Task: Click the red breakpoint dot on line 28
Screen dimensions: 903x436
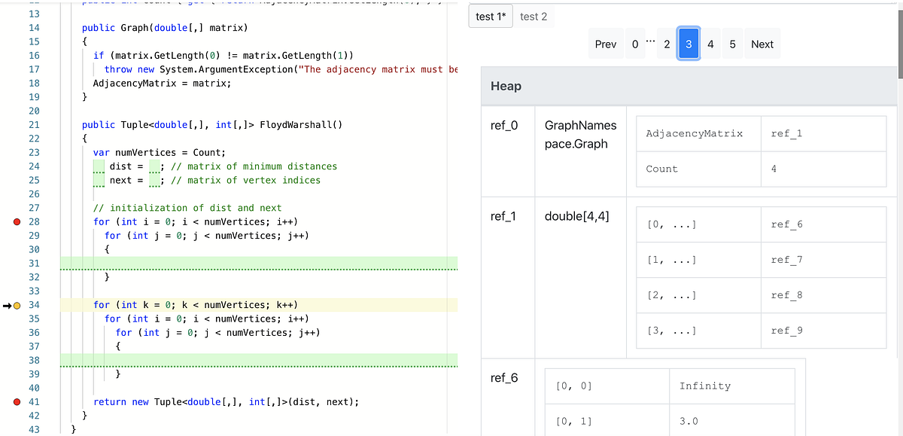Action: (x=17, y=222)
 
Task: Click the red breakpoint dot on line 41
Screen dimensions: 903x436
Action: (x=17, y=402)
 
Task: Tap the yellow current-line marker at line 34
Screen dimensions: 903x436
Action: (x=17, y=305)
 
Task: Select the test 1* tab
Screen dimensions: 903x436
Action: (x=490, y=17)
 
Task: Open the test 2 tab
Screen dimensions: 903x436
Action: (x=534, y=17)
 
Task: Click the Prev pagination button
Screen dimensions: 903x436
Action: (x=605, y=44)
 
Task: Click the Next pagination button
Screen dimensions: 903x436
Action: (x=762, y=44)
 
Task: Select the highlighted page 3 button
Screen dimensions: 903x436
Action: (x=689, y=44)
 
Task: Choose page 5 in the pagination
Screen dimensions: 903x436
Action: (x=732, y=44)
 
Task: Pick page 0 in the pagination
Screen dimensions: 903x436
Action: (x=635, y=44)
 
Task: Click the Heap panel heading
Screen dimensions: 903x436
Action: (x=506, y=86)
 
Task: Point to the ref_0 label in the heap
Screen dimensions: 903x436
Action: (x=504, y=126)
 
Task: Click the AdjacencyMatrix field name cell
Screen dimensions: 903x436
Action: (x=694, y=133)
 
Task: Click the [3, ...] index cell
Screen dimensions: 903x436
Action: (x=671, y=331)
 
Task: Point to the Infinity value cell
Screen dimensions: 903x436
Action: (x=704, y=386)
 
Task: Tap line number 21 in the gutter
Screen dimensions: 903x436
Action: (x=34, y=125)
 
